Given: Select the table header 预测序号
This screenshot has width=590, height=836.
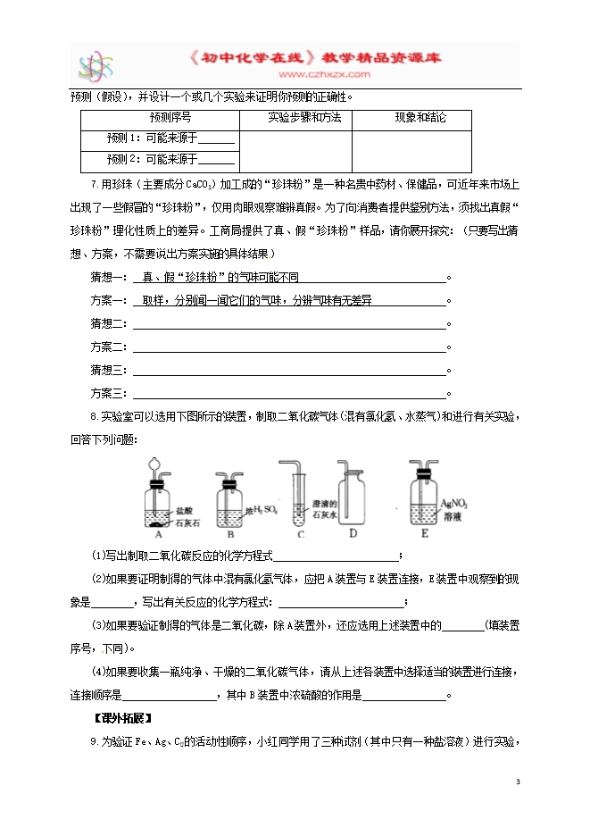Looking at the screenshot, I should click(160, 118).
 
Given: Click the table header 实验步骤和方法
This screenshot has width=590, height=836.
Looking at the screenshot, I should click(295, 118).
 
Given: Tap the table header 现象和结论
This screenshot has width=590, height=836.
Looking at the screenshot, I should click(420, 118).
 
